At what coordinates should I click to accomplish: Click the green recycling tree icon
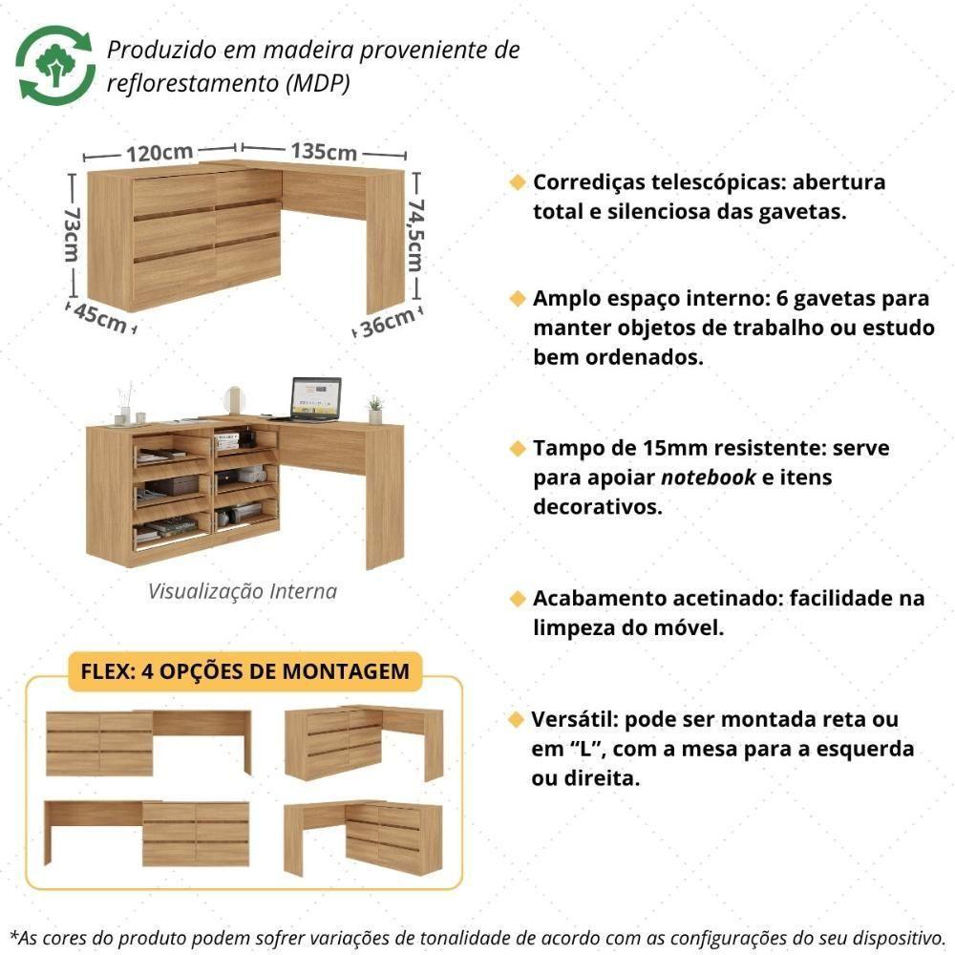(54, 65)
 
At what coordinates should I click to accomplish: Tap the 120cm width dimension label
(159, 152)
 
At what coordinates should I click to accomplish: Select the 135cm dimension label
(324, 152)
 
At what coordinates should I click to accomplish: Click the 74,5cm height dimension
(414, 235)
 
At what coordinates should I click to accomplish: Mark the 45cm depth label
(98, 319)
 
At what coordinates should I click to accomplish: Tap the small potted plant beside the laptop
(374, 410)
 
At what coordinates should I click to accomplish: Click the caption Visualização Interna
(243, 591)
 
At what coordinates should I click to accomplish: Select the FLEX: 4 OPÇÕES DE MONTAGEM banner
(244, 670)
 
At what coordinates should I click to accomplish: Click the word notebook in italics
(707, 477)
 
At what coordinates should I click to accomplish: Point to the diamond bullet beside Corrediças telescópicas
(518, 182)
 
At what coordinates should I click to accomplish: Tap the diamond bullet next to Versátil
(518, 718)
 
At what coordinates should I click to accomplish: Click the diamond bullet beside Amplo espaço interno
(518, 299)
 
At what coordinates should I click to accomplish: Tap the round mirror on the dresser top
(235, 398)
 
